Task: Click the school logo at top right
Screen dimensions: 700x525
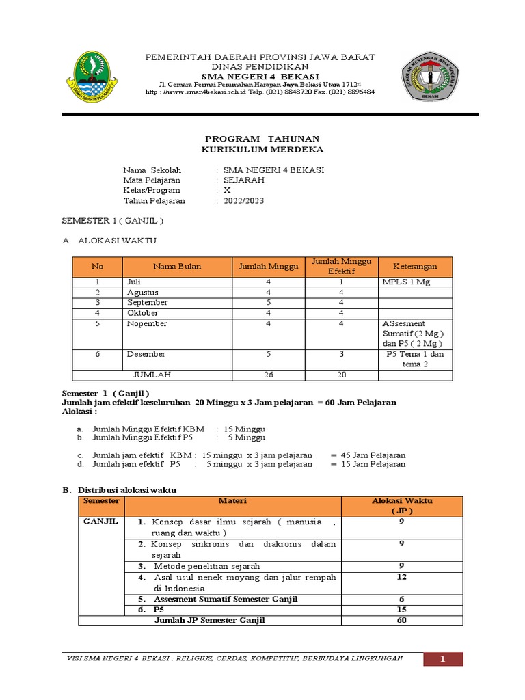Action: point(429,76)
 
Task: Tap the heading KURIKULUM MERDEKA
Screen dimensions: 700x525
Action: point(263,149)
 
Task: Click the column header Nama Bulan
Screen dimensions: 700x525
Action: point(177,267)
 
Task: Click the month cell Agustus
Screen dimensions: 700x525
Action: point(142,293)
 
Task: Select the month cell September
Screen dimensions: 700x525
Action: point(147,303)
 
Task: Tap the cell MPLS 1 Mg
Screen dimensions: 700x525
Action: point(406,282)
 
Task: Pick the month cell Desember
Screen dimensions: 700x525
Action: point(146,354)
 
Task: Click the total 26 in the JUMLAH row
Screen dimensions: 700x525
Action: point(269,375)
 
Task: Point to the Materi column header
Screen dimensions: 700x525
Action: point(232,501)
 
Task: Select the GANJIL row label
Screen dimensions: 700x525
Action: point(100,521)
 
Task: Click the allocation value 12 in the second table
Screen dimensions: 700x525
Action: point(401,577)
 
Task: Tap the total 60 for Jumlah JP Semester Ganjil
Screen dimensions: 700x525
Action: point(401,620)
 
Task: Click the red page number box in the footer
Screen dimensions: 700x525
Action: point(442,659)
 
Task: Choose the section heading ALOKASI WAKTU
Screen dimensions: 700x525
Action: point(117,241)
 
